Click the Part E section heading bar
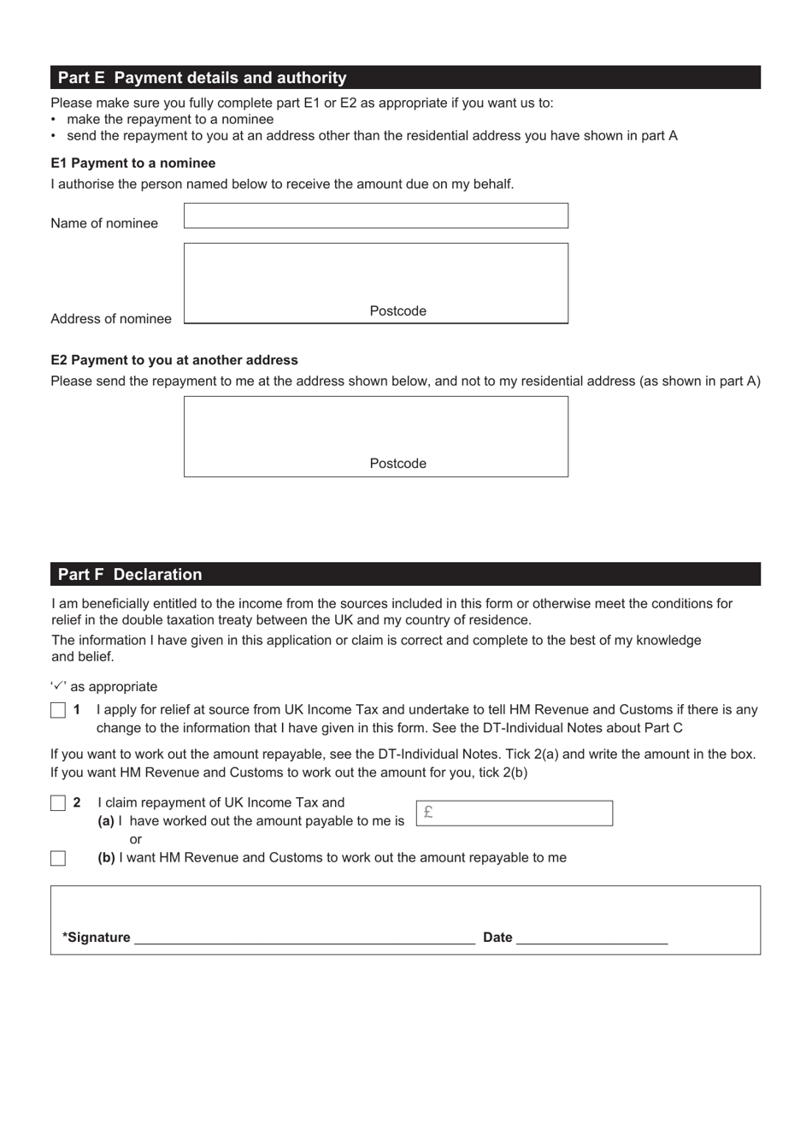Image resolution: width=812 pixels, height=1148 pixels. tap(405, 78)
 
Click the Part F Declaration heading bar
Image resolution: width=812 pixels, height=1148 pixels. tap(405, 574)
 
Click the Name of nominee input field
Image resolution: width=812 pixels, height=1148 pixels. tap(375, 216)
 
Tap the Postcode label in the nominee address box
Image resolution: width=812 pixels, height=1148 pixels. tap(397, 311)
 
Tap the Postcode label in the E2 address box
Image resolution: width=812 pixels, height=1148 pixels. tap(397, 464)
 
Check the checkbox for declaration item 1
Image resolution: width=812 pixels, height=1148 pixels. tap(58, 710)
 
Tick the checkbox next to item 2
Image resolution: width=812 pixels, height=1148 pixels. tap(58, 803)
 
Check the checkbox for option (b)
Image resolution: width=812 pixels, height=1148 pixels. tap(58, 858)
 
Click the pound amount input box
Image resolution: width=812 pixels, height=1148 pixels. tap(515, 813)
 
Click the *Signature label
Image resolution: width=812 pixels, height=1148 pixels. tap(96, 938)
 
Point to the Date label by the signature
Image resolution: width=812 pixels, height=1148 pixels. tap(497, 938)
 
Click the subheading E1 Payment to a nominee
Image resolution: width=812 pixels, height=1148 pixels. tap(132, 163)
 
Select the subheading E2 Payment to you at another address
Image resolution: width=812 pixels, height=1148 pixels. tap(174, 360)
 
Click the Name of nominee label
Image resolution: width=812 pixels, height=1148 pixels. tap(104, 223)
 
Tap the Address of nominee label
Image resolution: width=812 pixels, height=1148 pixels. tap(111, 319)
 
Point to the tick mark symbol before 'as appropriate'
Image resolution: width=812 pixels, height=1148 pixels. tap(58, 685)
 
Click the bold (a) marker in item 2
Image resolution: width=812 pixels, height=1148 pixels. tap(106, 821)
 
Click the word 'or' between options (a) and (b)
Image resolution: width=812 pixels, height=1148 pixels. tap(135, 839)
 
